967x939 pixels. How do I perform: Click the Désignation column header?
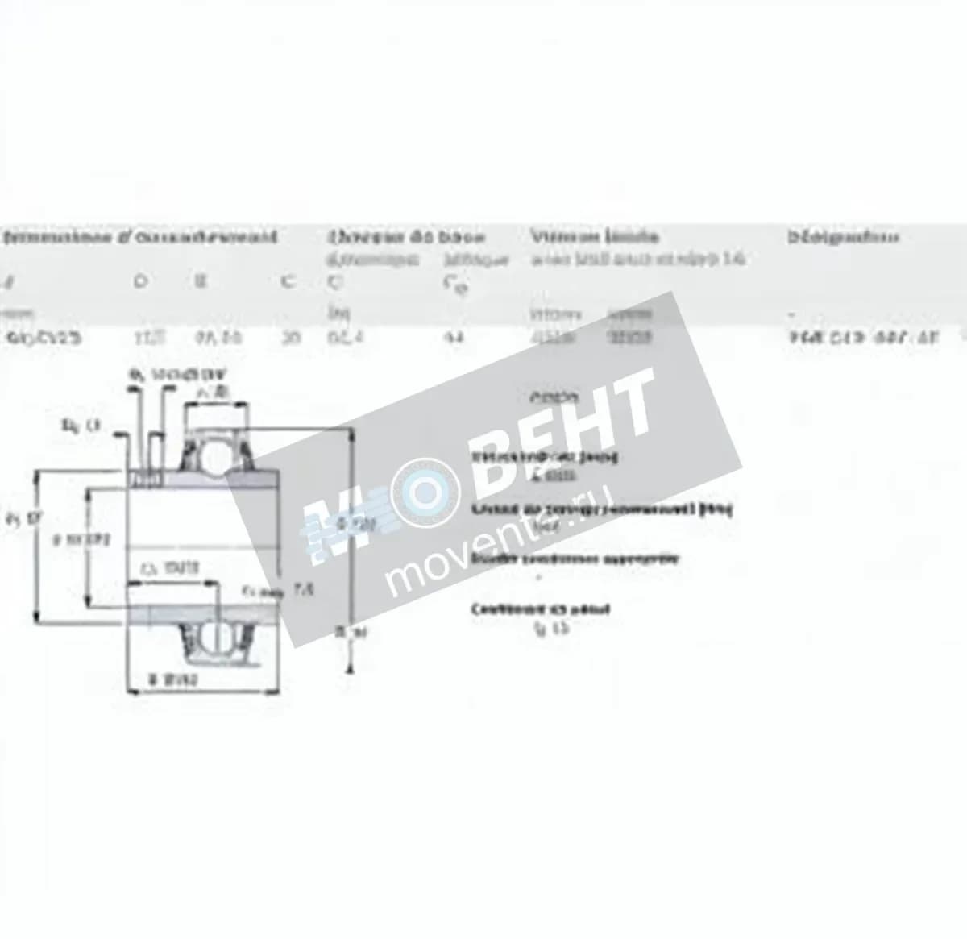pos(843,237)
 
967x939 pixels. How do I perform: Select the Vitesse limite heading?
pos(594,237)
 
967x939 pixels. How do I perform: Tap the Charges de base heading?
pos(406,237)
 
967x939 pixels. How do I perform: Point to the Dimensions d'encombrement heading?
pos(140,237)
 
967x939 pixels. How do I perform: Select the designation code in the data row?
pos(864,338)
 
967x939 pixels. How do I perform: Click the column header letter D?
pos(140,283)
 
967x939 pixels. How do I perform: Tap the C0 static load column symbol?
pos(456,285)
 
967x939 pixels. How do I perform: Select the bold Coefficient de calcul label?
pos(541,609)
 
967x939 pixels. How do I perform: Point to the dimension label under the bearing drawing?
pos(173,680)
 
